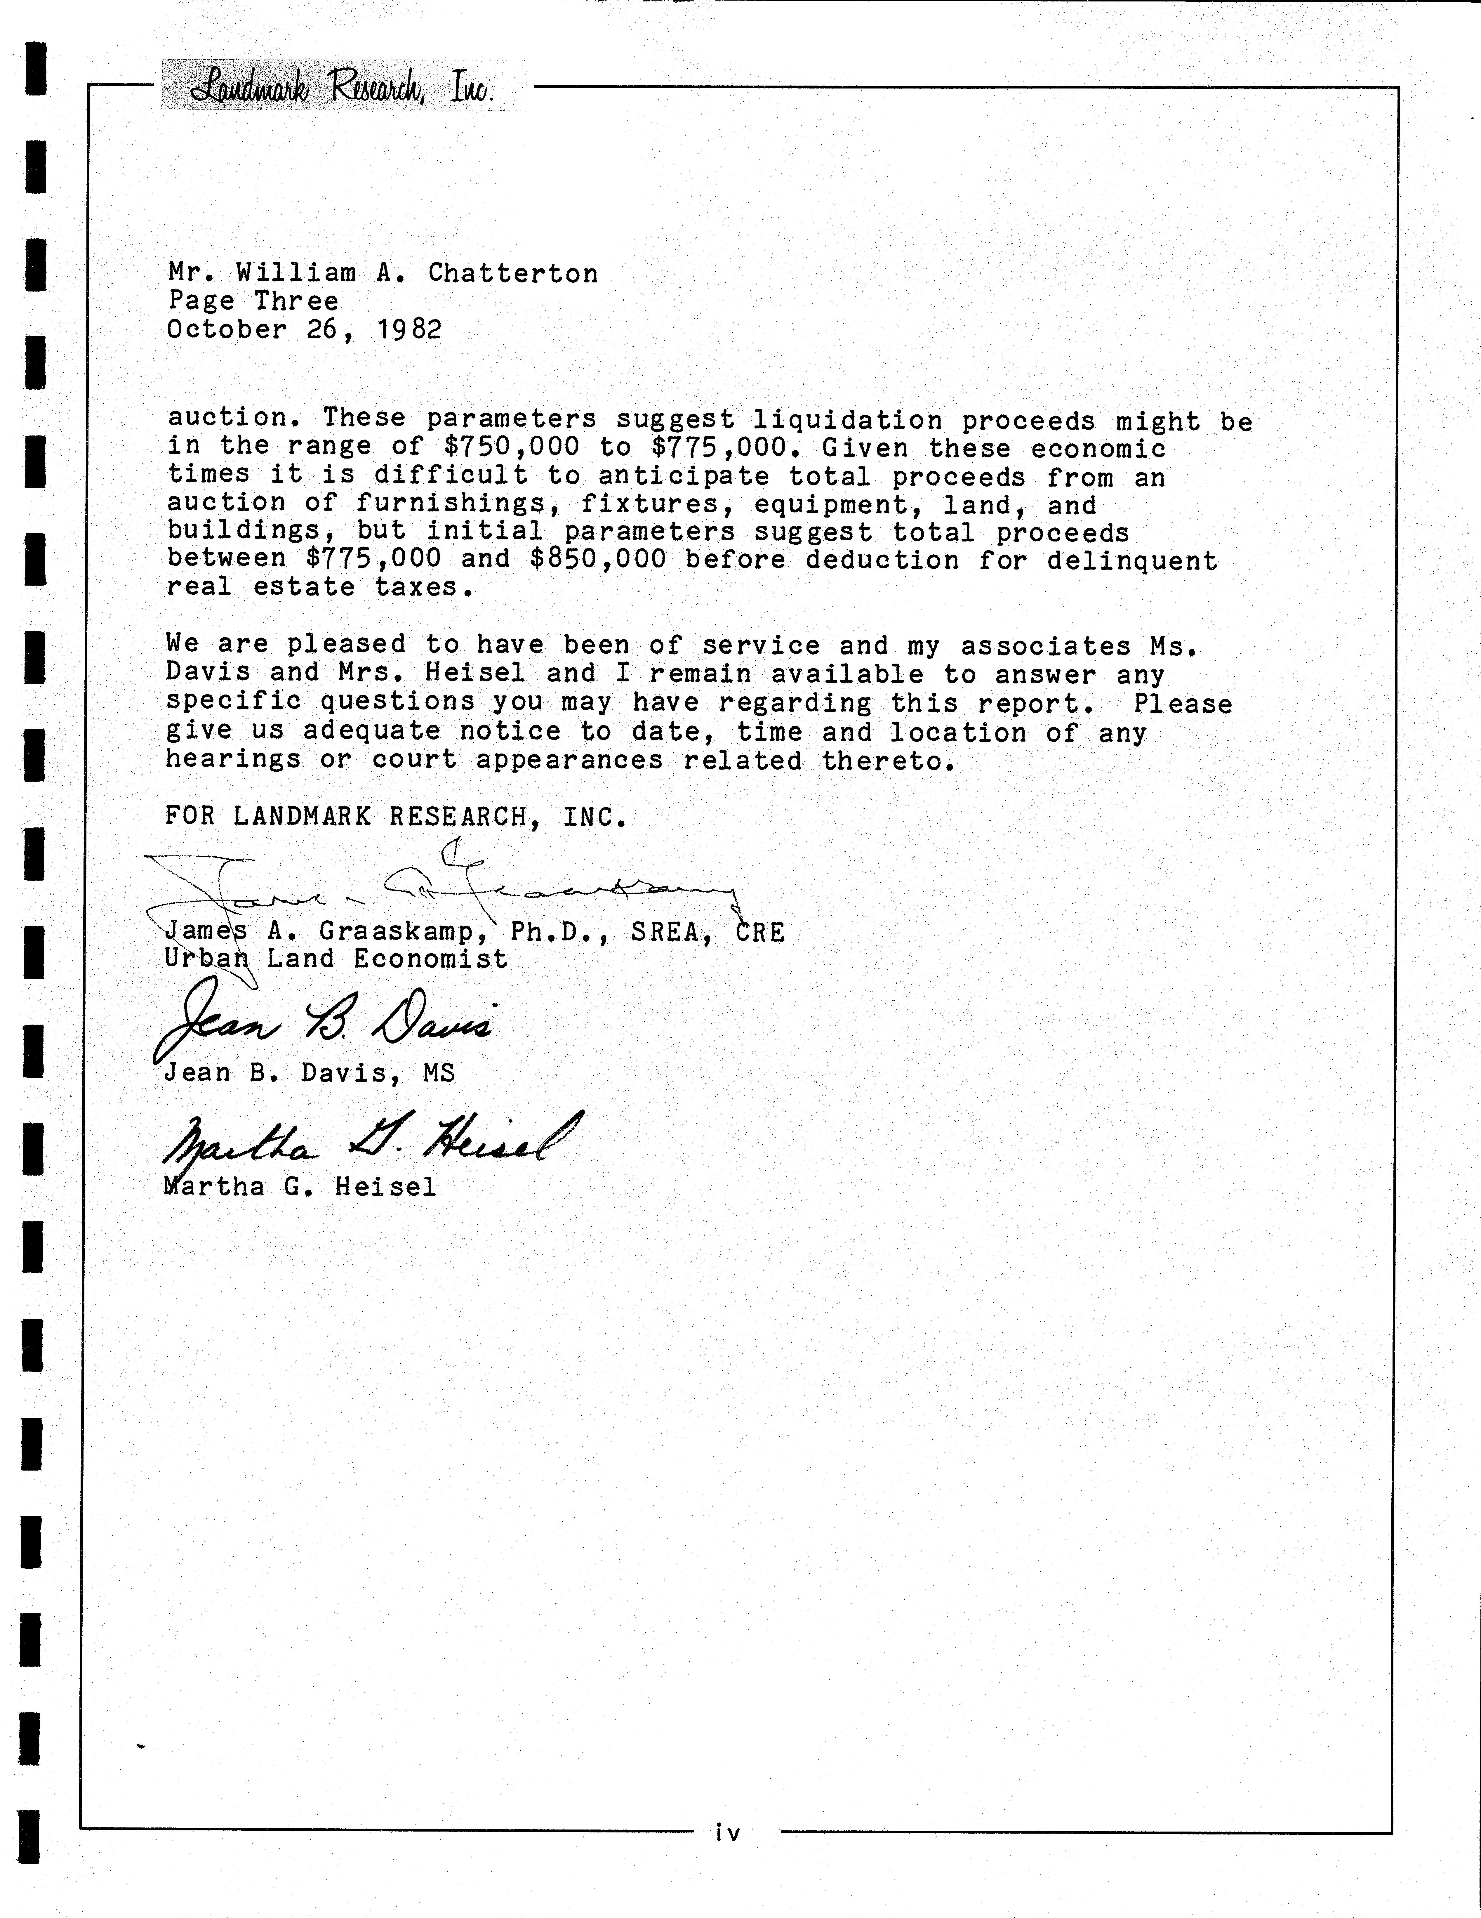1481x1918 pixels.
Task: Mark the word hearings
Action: (233, 760)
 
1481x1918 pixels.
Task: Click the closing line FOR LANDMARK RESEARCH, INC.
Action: (396, 817)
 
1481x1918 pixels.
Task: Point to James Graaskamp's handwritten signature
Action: (439, 887)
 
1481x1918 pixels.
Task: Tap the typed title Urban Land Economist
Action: (336, 959)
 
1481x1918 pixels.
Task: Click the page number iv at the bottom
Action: (728, 1833)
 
